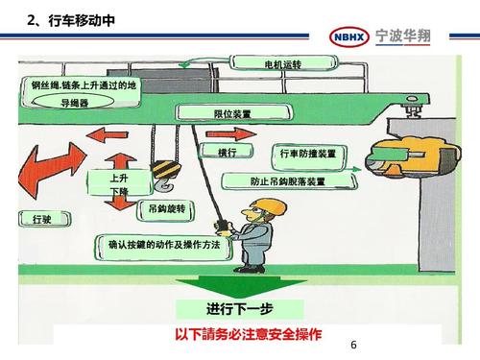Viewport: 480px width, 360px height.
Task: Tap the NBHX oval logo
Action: (x=349, y=36)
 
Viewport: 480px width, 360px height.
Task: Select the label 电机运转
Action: (x=283, y=64)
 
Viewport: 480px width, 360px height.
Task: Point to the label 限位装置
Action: (x=232, y=114)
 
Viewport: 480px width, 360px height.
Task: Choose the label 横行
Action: (x=228, y=152)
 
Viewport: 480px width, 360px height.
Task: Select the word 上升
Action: (x=118, y=179)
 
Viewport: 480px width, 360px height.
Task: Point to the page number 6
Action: (x=353, y=346)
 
